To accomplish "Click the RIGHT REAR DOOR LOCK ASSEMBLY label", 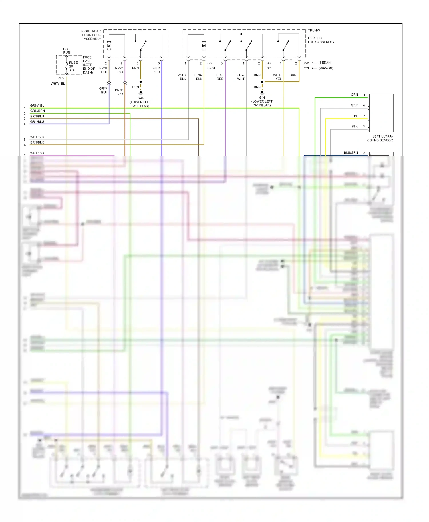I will tap(91, 35).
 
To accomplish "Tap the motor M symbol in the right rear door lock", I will tap(109, 46).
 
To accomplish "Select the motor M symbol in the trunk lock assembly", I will tap(204, 46).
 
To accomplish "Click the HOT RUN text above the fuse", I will tap(67, 51).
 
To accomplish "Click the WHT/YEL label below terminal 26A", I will tap(58, 83).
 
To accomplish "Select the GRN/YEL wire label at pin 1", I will tap(37, 105).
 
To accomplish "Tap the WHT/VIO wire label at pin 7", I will tap(37, 153).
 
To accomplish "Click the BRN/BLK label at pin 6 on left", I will tap(37, 142).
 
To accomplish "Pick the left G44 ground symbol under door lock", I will tap(140, 93).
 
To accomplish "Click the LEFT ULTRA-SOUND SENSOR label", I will tap(380, 138).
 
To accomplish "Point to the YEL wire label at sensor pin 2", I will tap(355, 116).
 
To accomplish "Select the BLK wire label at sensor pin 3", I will tap(355, 126).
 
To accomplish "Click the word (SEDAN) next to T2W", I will tap(325, 63).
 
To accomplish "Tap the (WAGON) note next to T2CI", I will tap(326, 68).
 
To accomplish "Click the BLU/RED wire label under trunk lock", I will tap(220, 77).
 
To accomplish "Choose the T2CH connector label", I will tap(211, 68).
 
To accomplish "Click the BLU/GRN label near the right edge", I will tap(351, 152).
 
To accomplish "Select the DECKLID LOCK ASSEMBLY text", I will tap(321, 40).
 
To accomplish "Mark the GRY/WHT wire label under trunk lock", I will tap(241, 77).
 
